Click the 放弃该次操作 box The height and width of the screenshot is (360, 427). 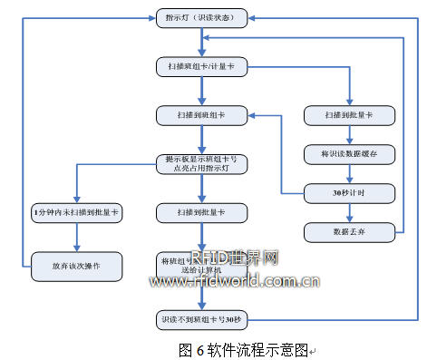pos(76,267)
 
